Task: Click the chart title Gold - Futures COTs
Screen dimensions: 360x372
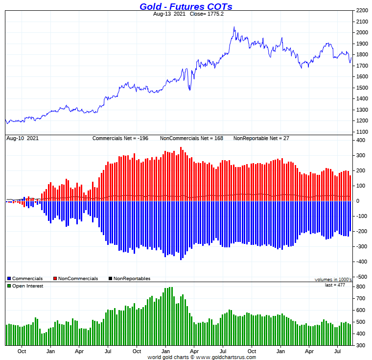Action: click(x=186, y=6)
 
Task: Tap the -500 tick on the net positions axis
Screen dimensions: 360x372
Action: click(x=361, y=276)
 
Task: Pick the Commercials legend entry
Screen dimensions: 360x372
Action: click(x=27, y=279)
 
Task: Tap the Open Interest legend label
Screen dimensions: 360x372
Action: click(x=27, y=286)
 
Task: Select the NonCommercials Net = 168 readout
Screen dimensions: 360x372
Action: click(x=191, y=138)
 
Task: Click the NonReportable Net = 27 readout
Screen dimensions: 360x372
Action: click(x=261, y=138)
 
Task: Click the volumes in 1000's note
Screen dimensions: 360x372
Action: click(x=333, y=279)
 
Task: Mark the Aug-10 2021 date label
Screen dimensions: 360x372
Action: click(x=22, y=138)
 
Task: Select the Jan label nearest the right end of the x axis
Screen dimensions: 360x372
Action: click(x=281, y=351)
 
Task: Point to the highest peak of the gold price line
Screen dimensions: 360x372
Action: click(x=234, y=27)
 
